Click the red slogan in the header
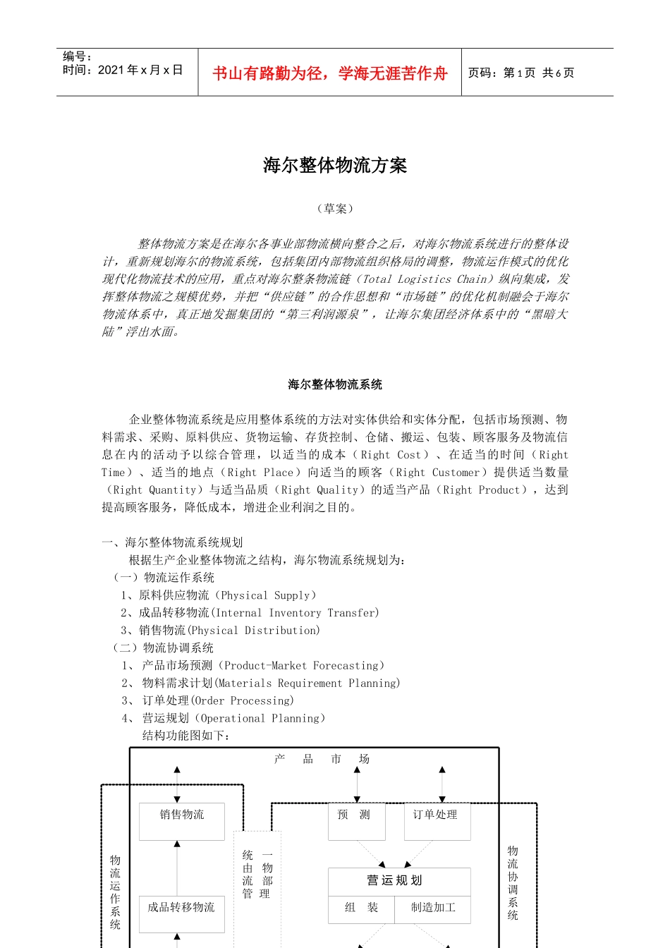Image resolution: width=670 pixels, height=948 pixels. pos(329,73)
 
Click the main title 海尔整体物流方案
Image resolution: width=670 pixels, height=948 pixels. pos(335,166)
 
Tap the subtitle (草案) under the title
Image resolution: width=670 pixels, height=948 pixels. pos(335,209)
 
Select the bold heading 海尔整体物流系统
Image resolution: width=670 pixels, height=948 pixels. pos(335,384)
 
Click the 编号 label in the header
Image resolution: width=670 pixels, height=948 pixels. pos(77,56)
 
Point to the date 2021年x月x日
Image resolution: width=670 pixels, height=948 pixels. pos(140,70)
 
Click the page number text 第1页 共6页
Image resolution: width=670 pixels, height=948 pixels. pos(539,73)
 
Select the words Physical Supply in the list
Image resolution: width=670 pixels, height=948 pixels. pos(269,595)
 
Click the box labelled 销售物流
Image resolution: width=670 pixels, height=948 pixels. pos(182,821)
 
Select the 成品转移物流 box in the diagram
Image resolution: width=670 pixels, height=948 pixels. pos(181,913)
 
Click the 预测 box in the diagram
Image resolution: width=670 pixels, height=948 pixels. pos(356,821)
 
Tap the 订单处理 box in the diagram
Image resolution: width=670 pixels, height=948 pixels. pos(437,821)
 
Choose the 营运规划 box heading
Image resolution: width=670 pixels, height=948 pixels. pos(398,881)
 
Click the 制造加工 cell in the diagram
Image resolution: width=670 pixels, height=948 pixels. pos(433,908)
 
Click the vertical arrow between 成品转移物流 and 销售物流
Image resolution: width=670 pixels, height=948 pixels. pos(177,868)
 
